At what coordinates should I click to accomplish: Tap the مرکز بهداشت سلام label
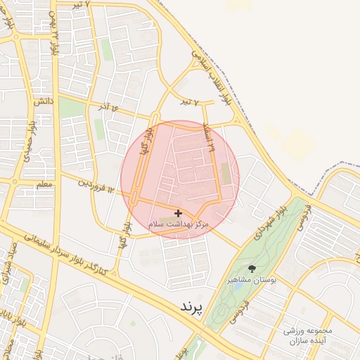tap(179, 224)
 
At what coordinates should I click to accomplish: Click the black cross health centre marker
tap(178, 212)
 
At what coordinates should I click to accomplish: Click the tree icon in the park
tap(252, 269)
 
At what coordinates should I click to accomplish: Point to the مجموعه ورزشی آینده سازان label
tap(307, 335)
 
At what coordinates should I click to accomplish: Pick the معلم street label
tap(44, 184)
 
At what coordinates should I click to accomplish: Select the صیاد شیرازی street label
tap(11, 259)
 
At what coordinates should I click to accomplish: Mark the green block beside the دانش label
tap(70, 108)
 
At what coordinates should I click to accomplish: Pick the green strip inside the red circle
tap(225, 173)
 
